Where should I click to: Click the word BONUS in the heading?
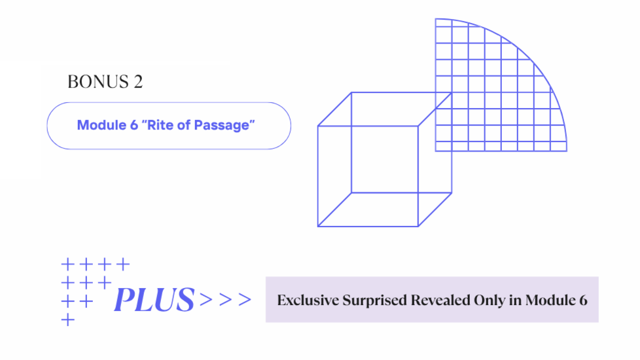[x=95, y=82]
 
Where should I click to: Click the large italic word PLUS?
[x=154, y=300]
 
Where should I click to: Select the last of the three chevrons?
[x=244, y=300]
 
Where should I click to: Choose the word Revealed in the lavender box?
[x=439, y=300]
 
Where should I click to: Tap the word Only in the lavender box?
[x=487, y=300]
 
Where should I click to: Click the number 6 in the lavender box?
[x=582, y=300]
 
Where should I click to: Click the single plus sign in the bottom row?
[x=67, y=320]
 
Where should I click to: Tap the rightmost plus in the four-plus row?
[x=122, y=265]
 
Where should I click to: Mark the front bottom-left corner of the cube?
[x=318, y=226]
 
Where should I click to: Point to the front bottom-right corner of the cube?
[x=418, y=226]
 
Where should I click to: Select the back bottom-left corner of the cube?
[x=351, y=193]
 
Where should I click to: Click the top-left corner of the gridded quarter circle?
[x=436, y=19]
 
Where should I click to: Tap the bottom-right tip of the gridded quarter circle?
[x=567, y=151]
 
